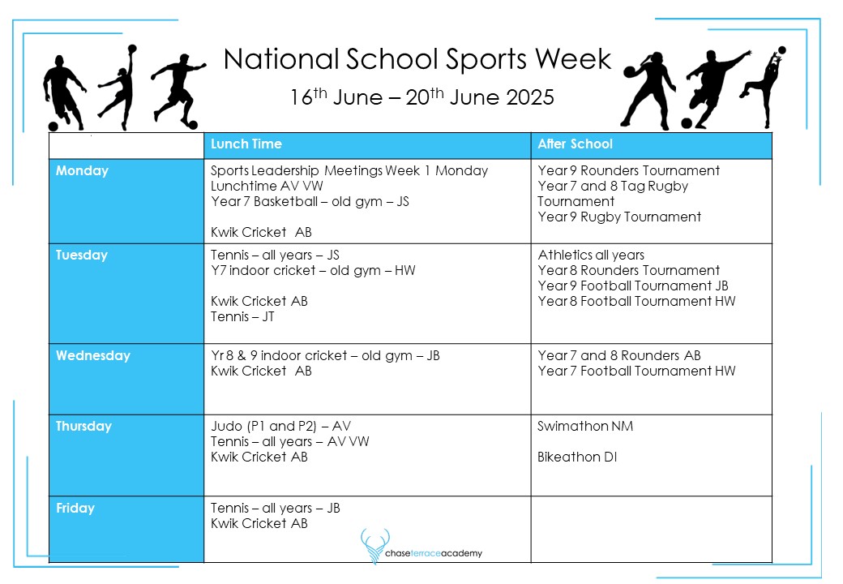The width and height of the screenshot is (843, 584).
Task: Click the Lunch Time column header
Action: coord(246,144)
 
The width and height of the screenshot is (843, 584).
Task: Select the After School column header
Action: coord(576,144)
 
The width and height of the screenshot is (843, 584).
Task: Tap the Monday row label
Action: coord(82,171)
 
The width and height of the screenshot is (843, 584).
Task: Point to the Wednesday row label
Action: coord(93,356)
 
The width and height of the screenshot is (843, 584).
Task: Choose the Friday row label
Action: coord(75,509)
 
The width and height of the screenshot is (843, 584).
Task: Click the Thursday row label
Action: coord(83,427)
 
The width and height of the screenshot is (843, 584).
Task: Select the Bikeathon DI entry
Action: coord(577,457)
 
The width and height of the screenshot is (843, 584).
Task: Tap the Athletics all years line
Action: coord(591,255)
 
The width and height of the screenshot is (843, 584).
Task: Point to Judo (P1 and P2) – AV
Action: coord(280,427)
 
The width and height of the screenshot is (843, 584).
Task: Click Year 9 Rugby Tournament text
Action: coord(619,217)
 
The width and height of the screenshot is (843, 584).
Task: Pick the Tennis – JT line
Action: coord(242,317)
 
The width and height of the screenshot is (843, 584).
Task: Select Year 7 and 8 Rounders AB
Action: coord(619,356)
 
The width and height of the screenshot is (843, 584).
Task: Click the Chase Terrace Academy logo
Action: coord(421,545)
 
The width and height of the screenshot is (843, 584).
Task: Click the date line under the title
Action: coord(421,98)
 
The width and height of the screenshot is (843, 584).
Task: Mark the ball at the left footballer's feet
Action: coord(54,126)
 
